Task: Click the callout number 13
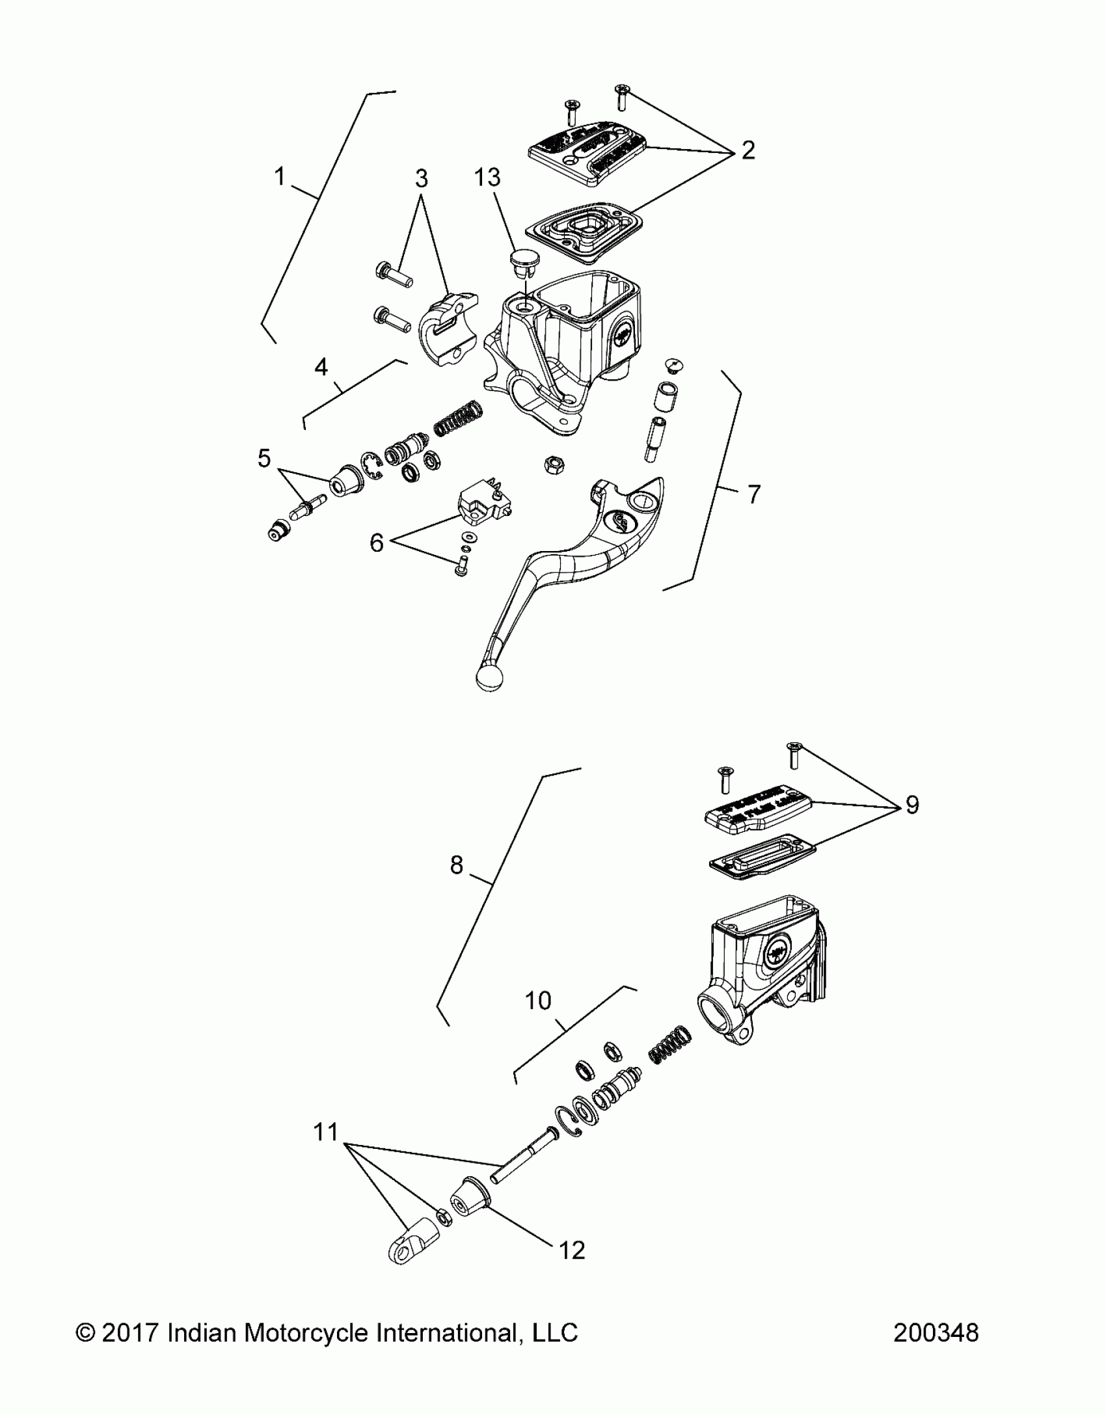(487, 177)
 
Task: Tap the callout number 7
(753, 495)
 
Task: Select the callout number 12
(572, 1250)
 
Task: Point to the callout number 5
(263, 459)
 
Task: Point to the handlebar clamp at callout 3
(446, 325)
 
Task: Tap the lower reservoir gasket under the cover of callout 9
(761, 857)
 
